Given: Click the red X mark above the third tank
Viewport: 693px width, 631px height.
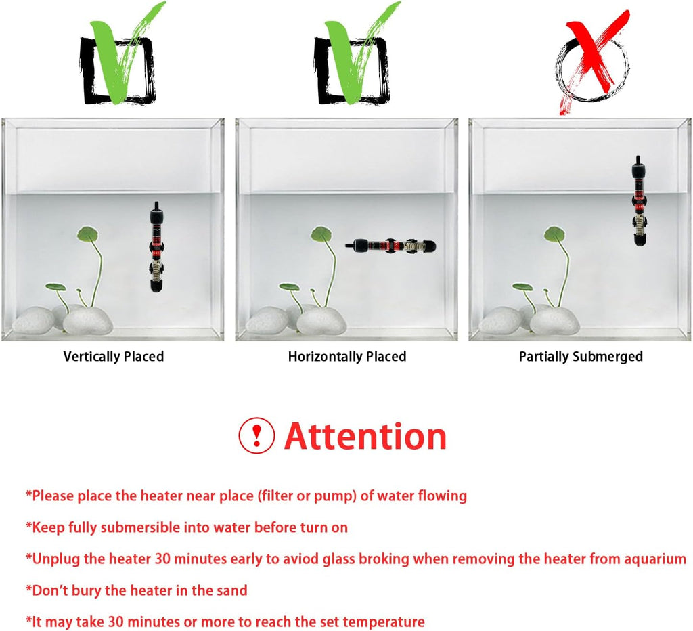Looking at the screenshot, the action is pyautogui.click(x=595, y=57).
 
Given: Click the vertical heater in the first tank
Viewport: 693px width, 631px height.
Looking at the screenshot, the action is pyautogui.click(x=156, y=246).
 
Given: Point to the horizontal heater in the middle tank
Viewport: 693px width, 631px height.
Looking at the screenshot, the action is pyautogui.click(x=390, y=246).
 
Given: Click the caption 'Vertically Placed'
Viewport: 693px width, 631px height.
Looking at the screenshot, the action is pyautogui.click(x=114, y=356).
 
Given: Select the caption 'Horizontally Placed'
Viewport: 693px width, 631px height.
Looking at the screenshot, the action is pyautogui.click(x=347, y=356).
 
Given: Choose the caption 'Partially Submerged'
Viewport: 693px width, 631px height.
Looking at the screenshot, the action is pyautogui.click(x=581, y=356).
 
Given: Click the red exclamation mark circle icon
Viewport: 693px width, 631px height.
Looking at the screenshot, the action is pyautogui.click(x=256, y=435).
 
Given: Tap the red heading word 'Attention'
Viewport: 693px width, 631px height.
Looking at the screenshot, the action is pyautogui.click(x=365, y=436).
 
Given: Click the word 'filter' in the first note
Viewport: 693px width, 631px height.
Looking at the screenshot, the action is pyautogui.click(x=277, y=496).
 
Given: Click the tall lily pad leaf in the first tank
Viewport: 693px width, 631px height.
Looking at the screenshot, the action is pyautogui.click(x=89, y=234).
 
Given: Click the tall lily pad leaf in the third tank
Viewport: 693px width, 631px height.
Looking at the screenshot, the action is pyautogui.click(x=554, y=234).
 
